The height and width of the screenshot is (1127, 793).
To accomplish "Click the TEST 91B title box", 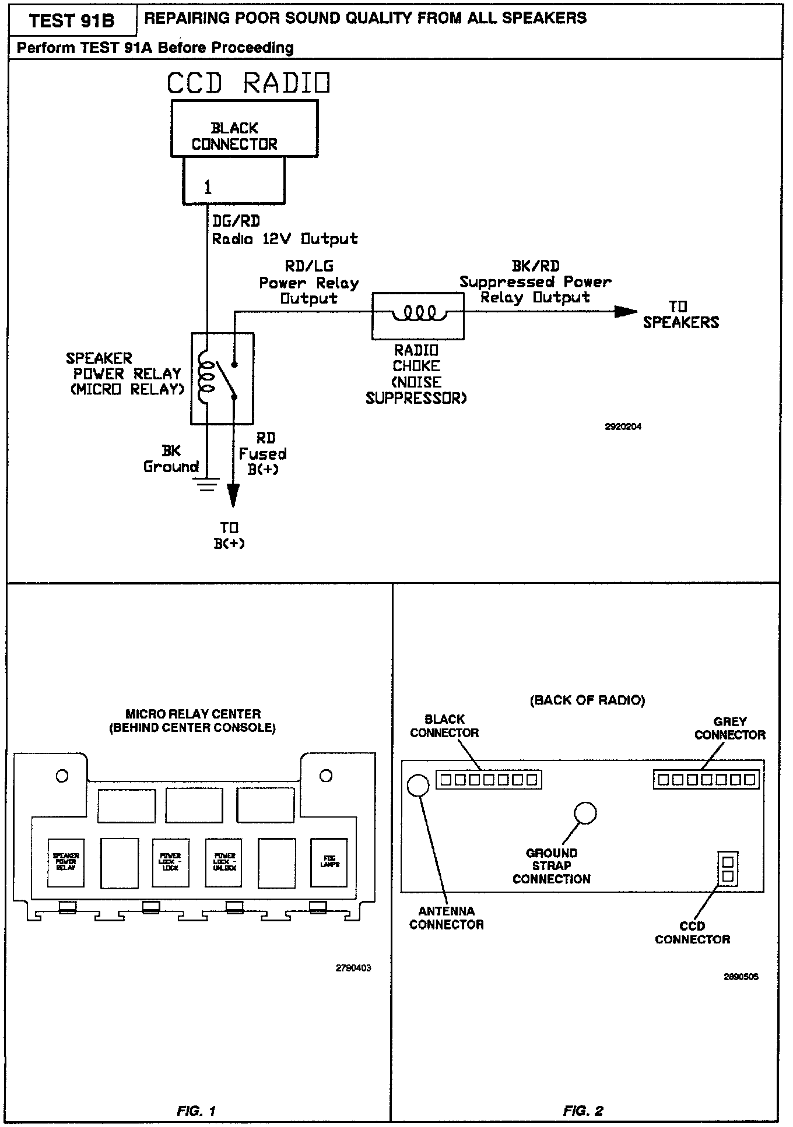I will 72,21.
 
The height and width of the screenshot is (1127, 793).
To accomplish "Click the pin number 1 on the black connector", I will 208,187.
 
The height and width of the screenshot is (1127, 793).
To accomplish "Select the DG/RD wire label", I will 236,221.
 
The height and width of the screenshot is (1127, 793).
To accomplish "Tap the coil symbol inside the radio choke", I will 418,314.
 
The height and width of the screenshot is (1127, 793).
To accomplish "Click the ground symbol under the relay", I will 208,484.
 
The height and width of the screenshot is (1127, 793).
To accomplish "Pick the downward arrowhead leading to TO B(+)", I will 233,496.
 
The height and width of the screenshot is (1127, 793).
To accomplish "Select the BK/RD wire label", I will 535,266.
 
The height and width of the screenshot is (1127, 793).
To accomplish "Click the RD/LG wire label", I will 309,266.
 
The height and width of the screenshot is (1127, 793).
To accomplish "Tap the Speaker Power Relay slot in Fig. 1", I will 66,863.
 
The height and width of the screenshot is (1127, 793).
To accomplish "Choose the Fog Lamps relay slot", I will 329,863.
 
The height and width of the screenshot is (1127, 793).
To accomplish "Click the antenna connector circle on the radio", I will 418,785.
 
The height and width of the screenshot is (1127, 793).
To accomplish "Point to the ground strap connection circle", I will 585,813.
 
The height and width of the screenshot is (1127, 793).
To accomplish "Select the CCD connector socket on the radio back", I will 727,869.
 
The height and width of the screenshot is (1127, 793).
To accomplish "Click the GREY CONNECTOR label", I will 729,728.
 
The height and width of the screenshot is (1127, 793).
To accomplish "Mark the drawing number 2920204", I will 623,427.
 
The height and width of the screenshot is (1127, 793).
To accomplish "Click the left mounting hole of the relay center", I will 62,776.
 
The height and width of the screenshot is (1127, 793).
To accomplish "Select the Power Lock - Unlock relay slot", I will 224,863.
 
